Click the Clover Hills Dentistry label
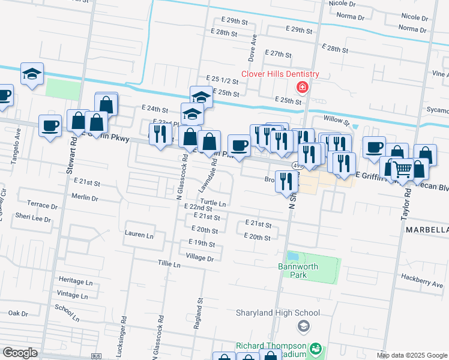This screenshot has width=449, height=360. click(280, 74)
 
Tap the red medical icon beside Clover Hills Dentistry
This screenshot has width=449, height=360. click(302, 88)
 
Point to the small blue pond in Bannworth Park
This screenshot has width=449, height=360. click(293, 256)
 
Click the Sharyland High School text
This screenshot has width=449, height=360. click(277, 313)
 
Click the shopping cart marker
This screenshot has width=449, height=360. click(402, 170)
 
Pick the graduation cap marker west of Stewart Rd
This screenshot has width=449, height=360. click(32, 74)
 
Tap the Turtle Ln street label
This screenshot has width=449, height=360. click(213, 203)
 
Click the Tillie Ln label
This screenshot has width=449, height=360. click(169, 264)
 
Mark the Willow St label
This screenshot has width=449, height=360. click(336, 121)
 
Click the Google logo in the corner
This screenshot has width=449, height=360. click(20, 353)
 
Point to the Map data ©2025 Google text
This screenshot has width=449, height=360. click(412, 355)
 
